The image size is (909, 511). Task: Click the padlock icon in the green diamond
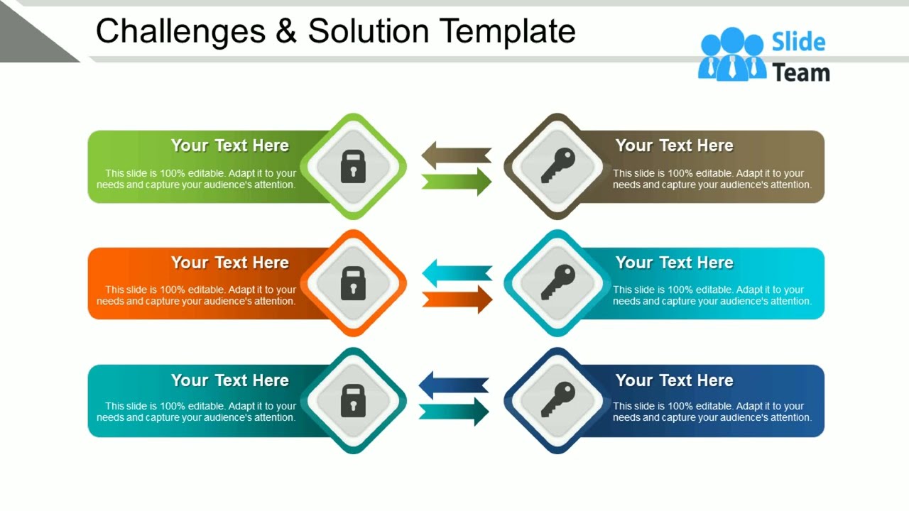click(353, 167)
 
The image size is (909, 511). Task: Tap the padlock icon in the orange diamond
click(353, 283)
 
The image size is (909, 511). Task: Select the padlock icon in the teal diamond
click(353, 400)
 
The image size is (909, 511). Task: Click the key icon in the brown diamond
click(557, 166)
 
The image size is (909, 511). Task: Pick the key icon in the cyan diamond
click(557, 282)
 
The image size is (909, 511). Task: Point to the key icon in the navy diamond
click(557, 400)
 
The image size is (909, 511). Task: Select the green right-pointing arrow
click(457, 182)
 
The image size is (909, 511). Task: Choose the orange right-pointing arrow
click(457, 299)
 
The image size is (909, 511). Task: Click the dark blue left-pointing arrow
click(454, 385)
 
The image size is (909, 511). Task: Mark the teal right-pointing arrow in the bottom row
click(454, 412)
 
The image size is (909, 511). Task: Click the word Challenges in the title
click(180, 32)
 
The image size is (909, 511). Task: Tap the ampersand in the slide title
click(285, 32)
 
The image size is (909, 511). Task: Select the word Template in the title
click(507, 32)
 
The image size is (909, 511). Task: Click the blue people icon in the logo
click(732, 55)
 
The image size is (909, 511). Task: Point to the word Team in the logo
click(801, 72)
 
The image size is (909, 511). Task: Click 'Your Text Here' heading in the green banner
click(229, 145)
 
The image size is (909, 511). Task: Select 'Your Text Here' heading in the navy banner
click(674, 380)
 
